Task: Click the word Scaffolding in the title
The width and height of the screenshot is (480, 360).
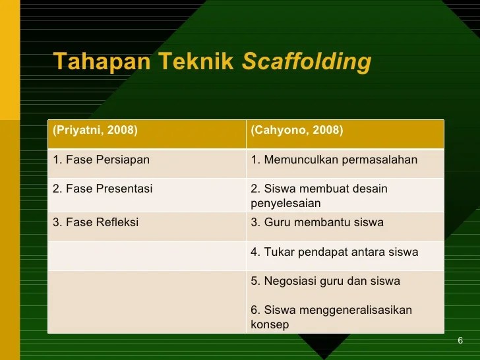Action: tap(307, 61)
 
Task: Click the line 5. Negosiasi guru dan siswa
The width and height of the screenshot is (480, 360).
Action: tap(325, 281)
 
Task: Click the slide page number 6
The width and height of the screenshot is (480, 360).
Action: tap(460, 340)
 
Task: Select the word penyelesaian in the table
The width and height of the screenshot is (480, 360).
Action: tap(285, 204)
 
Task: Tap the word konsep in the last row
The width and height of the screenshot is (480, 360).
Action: tap(270, 324)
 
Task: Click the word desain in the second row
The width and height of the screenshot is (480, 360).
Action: tap(371, 189)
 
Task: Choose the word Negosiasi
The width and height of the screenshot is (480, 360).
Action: tap(291, 281)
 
